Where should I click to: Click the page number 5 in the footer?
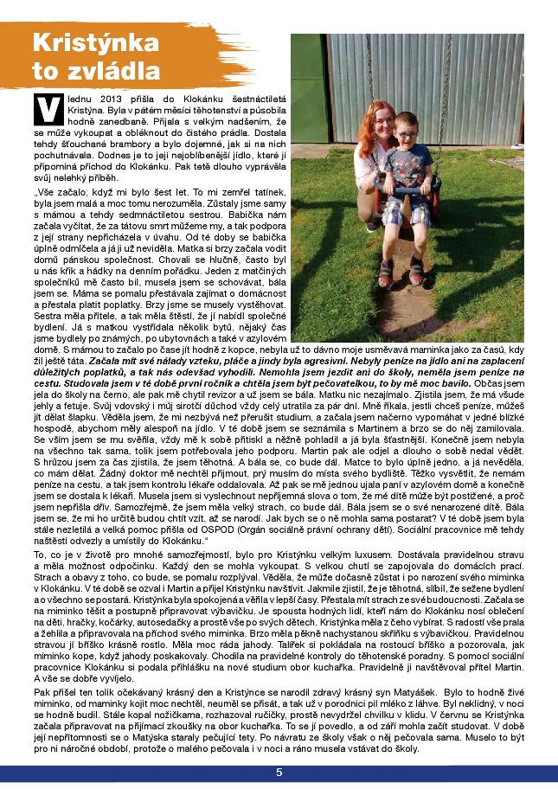(279, 772)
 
